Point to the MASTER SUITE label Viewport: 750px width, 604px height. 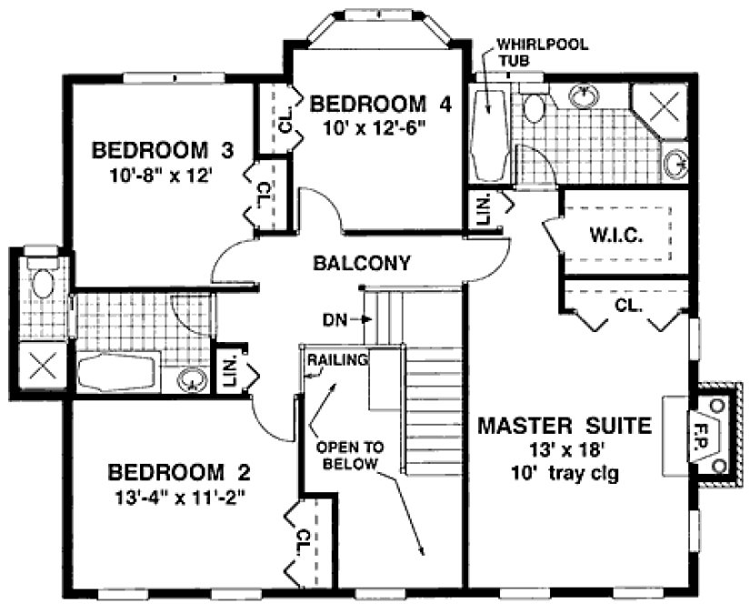(565, 424)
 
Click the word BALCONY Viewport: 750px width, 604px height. (361, 263)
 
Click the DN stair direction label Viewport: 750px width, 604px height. (333, 319)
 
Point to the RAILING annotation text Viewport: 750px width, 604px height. (336, 359)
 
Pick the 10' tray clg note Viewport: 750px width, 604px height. (565, 473)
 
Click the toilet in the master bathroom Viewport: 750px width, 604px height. (534, 107)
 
